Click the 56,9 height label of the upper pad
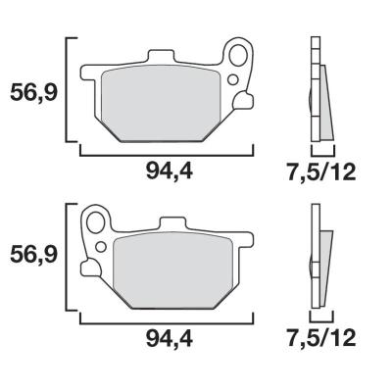pos(34,93)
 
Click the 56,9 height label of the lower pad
pos(34,255)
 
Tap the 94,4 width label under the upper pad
pos(170,171)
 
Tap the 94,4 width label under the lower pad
pos(170,339)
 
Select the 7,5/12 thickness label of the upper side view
pos(320,171)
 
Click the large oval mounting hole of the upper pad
pos(238,55)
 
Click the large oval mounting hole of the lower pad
pos(96,222)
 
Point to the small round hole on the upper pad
pos(233,79)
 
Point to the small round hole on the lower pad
pos(101,247)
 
